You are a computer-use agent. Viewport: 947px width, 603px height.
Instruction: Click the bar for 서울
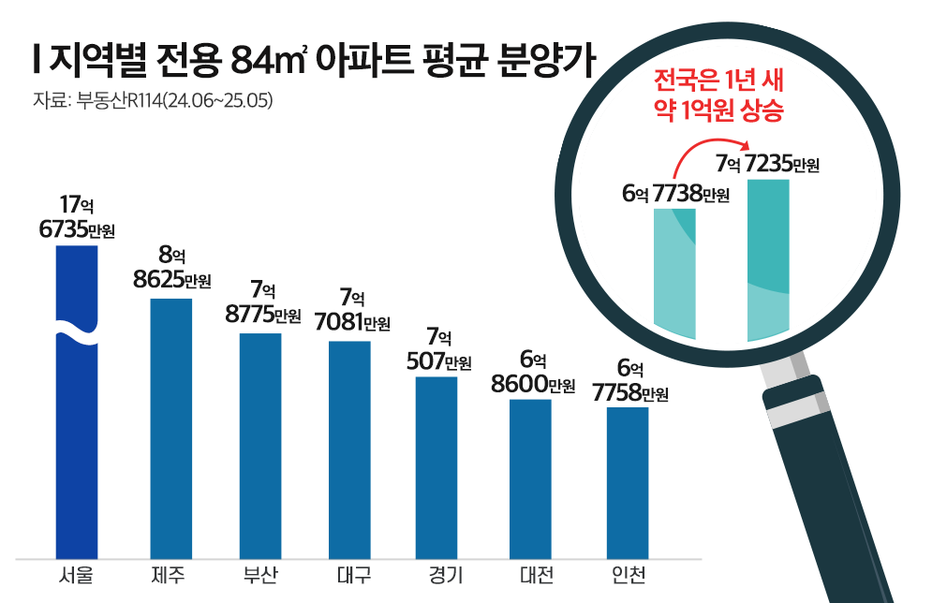pos(77,440)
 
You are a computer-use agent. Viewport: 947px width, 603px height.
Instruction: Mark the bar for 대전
pos(530,477)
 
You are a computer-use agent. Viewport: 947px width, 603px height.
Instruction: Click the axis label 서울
pos(77,574)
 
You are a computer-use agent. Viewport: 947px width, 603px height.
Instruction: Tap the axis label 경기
pos(437,574)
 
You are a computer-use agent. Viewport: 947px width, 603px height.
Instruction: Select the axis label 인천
pos(627,574)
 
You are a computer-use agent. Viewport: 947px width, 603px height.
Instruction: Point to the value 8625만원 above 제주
pos(171,280)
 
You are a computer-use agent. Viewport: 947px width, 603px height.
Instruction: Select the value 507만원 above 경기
pos(437,361)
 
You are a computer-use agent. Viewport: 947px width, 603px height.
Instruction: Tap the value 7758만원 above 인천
pos(630,393)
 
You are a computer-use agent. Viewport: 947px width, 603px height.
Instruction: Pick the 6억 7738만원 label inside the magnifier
pos(675,194)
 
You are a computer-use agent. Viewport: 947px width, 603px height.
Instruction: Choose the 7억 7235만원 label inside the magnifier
pos(767,165)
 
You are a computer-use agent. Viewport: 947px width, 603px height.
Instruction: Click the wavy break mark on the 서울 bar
pos(77,332)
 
